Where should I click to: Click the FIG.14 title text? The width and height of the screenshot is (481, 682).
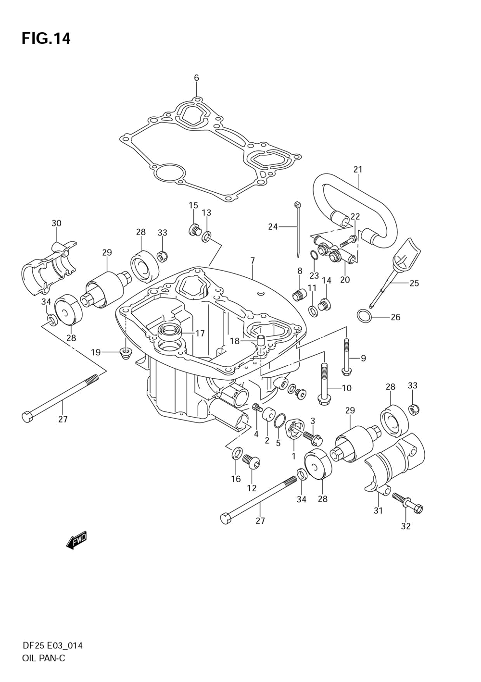(46, 38)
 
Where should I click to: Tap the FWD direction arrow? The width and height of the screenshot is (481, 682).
(76, 540)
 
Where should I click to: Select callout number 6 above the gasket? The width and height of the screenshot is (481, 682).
(196, 78)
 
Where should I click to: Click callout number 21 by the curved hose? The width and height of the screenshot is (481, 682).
(358, 169)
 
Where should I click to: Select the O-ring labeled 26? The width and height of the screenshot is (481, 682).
(365, 317)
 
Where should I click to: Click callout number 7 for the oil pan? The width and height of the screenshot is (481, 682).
(253, 260)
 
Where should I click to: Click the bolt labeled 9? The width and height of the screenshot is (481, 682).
(347, 356)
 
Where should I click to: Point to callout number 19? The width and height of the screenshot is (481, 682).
(96, 353)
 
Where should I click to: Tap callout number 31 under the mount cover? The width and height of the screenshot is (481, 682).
(378, 510)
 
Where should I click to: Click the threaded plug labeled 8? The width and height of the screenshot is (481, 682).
(299, 295)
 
